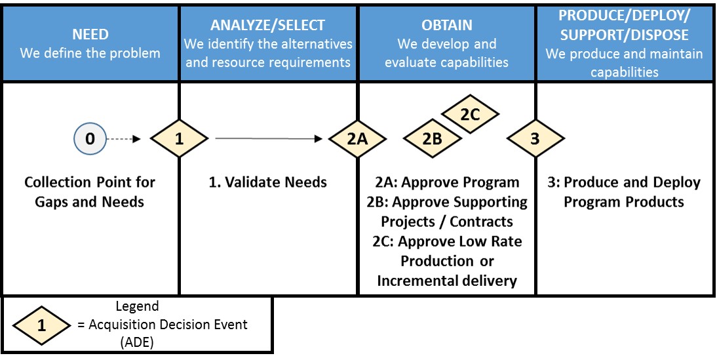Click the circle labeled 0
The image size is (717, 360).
click(90, 138)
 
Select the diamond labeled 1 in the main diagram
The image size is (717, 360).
click(179, 138)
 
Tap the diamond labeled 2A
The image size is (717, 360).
click(357, 138)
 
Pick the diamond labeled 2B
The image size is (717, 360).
click(431, 138)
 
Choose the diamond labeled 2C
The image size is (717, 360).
click(470, 114)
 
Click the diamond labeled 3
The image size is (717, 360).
click(535, 138)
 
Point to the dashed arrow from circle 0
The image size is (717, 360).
click(124, 138)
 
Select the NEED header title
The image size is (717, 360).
click(90, 34)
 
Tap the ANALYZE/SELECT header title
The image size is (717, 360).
click(267, 26)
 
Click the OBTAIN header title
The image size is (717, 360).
click(446, 26)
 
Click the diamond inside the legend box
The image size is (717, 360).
click(41, 323)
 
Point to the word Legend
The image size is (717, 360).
click(137, 306)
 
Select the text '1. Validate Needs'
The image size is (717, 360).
click(267, 182)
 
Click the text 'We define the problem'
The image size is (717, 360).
click(90, 53)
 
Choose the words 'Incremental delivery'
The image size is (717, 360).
click(447, 281)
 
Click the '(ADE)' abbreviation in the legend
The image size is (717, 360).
click(137, 342)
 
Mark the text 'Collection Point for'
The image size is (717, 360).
click(90, 182)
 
